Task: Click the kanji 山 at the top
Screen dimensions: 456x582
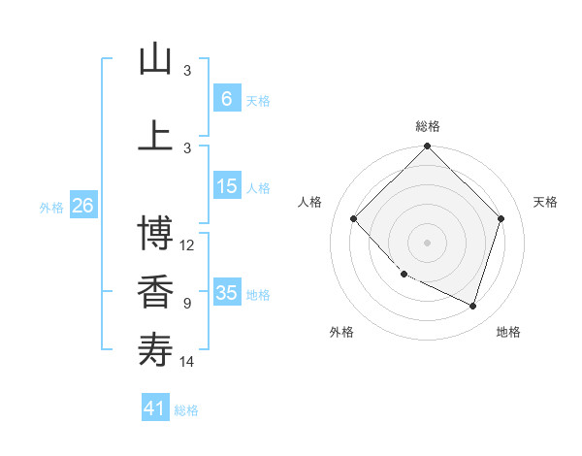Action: pos(155,60)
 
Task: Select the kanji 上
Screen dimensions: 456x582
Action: pos(155,136)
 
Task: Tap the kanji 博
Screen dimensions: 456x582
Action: pos(155,234)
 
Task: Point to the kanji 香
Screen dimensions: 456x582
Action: pos(155,293)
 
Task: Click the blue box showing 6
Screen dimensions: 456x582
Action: pos(226,99)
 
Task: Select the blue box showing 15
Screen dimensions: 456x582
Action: pos(226,187)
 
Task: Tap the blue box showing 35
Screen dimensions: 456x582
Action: pos(226,293)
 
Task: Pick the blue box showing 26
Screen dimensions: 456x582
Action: pos(82,206)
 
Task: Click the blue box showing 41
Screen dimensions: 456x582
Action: pos(155,408)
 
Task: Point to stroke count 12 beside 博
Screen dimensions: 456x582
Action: pos(187,245)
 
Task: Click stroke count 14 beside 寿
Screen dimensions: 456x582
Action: pos(187,362)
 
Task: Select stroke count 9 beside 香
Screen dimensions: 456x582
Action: pos(187,304)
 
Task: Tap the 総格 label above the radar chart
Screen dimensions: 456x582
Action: pos(427,126)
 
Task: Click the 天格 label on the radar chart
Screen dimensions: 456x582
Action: pos(545,202)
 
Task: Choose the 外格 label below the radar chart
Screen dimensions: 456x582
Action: pos(340,332)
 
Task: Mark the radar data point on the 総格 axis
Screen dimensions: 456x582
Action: pos(427,147)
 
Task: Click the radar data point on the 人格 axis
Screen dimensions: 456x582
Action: pos(354,219)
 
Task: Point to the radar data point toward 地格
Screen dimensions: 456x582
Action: pos(472,306)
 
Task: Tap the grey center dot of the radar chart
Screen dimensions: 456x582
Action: pos(427,243)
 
